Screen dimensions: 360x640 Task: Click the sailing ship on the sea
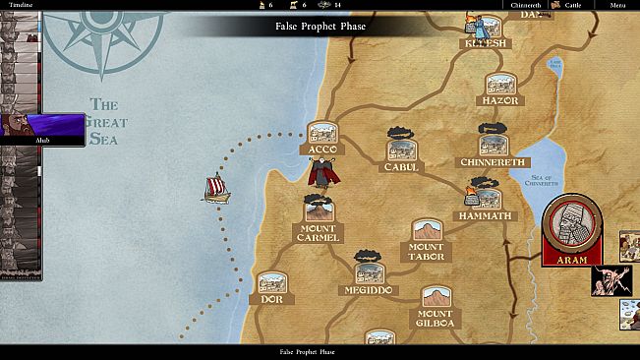pyautogui.click(x=216, y=188)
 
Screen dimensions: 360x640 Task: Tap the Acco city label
pyautogui.click(x=322, y=150)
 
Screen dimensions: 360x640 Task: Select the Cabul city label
pyautogui.click(x=401, y=167)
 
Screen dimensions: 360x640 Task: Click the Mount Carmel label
pyautogui.click(x=318, y=233)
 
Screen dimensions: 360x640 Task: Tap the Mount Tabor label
pyautogui.click(x=427, y=251)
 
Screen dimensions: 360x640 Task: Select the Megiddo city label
pyautogui.click(x=370, y=291)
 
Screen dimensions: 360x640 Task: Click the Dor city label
pyautogui.click(x=271, y=299)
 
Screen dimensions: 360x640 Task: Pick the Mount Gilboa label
pyautogui.click(x=435, y=318)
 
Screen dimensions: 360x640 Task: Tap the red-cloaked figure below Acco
pyautogui.click(x=321, y=175)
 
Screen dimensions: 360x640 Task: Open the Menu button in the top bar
pyautogui.click(x=617, y=5)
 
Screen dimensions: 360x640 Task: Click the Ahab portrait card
pyautogui.click(x=43, y=129)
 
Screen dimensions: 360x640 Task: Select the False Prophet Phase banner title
pyautogui.click(x=320, y=26)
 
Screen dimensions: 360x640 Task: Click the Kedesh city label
pyautogui.click(x=487, y=44)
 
